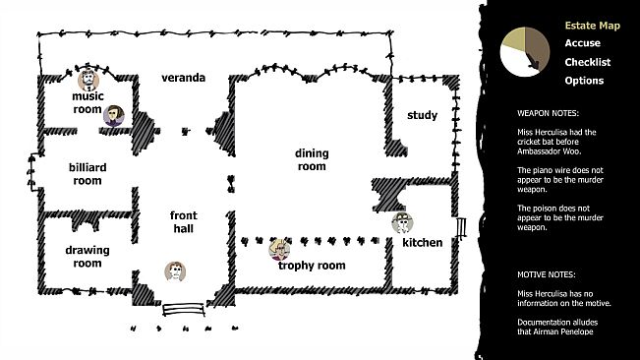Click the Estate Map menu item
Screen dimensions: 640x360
pos(592,26)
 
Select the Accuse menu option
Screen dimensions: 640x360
pos(582,43)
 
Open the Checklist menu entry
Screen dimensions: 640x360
pos(587,62)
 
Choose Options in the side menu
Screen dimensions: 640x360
pos(584,81)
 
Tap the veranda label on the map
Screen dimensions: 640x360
pos(183,78)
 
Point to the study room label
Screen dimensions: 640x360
pos(422,115)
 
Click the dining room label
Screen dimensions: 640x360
pos(312,159)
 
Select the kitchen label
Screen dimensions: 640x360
pos(422,242)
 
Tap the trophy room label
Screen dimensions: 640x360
pos(312,266)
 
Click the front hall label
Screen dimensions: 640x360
pos(183,221)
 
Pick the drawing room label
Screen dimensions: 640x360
pos(87,257)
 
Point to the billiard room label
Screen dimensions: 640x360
pos(87,174)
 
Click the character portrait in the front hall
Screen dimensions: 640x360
pos(175,271)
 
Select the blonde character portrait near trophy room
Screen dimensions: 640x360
pos(279,250)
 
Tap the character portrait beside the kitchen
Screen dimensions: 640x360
pos(402,223)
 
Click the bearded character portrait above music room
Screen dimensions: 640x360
pos(88,80)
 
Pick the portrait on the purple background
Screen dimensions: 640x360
pos(114,116)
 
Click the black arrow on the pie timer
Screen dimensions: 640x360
pos(532,61)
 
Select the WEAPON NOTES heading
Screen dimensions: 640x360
pos(548,113)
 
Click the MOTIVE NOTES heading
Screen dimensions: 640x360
pos(547,274)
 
